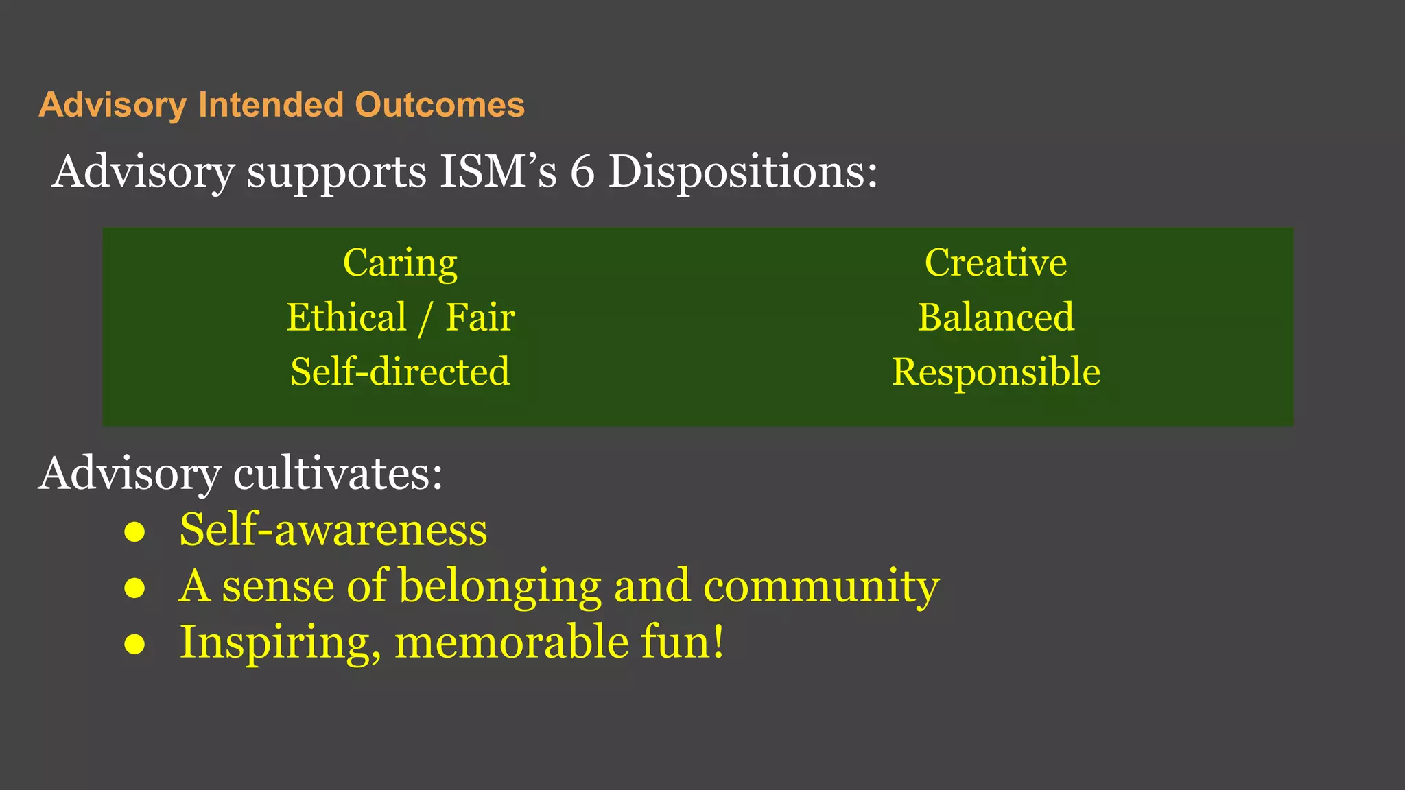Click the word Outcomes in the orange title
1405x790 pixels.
click(440, 105)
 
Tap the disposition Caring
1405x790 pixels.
click(400, 263)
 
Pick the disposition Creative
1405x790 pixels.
click(995, 263)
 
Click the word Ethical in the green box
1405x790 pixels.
click(346, 318)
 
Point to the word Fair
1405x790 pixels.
click(480, 318)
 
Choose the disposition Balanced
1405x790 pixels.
click(995, 318)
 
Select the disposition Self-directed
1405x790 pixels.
click(400, 372)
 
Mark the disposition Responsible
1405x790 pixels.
click(995, 372)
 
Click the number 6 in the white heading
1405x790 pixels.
click(582, 171)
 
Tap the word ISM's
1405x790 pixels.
click(498, 171)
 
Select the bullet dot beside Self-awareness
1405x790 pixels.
click(134, 531)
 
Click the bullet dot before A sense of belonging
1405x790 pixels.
click(134, 588)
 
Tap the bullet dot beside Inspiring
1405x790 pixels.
click(134, 644)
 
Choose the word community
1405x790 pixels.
click(821, 587)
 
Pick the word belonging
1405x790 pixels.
click(500, 587)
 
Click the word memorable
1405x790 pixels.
click(512, 643)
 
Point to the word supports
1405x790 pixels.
click(336, 171)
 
